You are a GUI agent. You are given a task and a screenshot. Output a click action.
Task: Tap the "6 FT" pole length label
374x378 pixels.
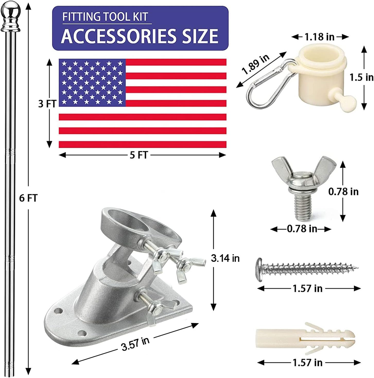point(28,198)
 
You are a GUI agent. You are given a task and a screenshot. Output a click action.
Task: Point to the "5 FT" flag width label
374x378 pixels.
point(139,155)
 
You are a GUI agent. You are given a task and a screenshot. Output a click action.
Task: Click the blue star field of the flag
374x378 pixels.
point(92,83)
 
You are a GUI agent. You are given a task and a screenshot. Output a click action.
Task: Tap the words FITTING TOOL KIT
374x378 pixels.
point(105,17)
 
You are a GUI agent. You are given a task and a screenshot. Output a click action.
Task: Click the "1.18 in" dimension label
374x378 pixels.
point(319,37)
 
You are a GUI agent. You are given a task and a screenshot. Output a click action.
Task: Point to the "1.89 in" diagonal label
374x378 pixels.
point(256,64)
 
